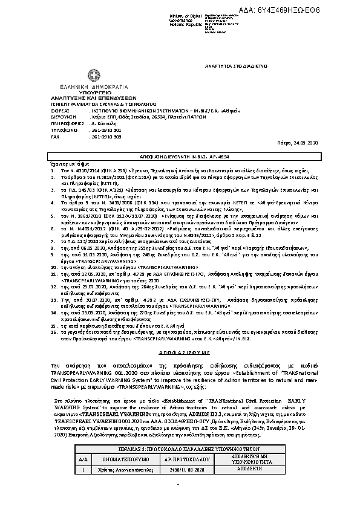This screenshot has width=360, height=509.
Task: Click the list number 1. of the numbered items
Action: coord(36,172)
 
